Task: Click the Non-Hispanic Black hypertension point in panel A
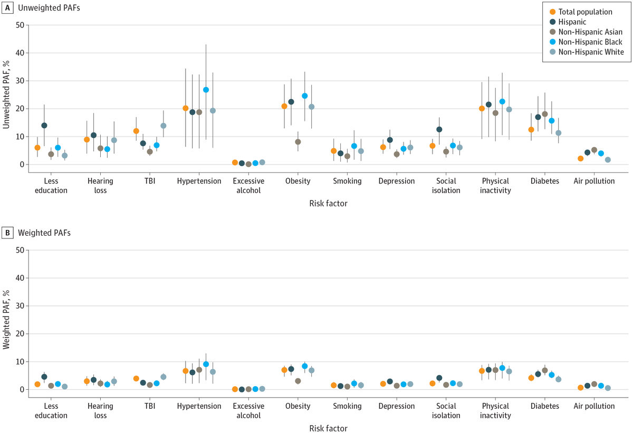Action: [x=206, y=90]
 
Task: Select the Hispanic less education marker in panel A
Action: [x=44, y=126]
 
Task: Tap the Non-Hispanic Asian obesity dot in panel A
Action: [x=298, y=142]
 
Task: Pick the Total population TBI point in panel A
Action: [x=136, y=131]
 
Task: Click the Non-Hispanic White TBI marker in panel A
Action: [x=164, y=126]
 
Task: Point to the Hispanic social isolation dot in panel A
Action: [x=439, y=129]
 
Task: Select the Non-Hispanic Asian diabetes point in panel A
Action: [x=545, y=114]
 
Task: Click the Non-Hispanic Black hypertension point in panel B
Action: [x=206, y=364]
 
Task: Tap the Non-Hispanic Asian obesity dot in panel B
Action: [x=298, y=381]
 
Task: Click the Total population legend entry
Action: [x=585, y=12]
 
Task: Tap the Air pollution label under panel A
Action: [x=594, y=181]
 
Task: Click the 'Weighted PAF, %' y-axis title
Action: [x=7, y=319]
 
